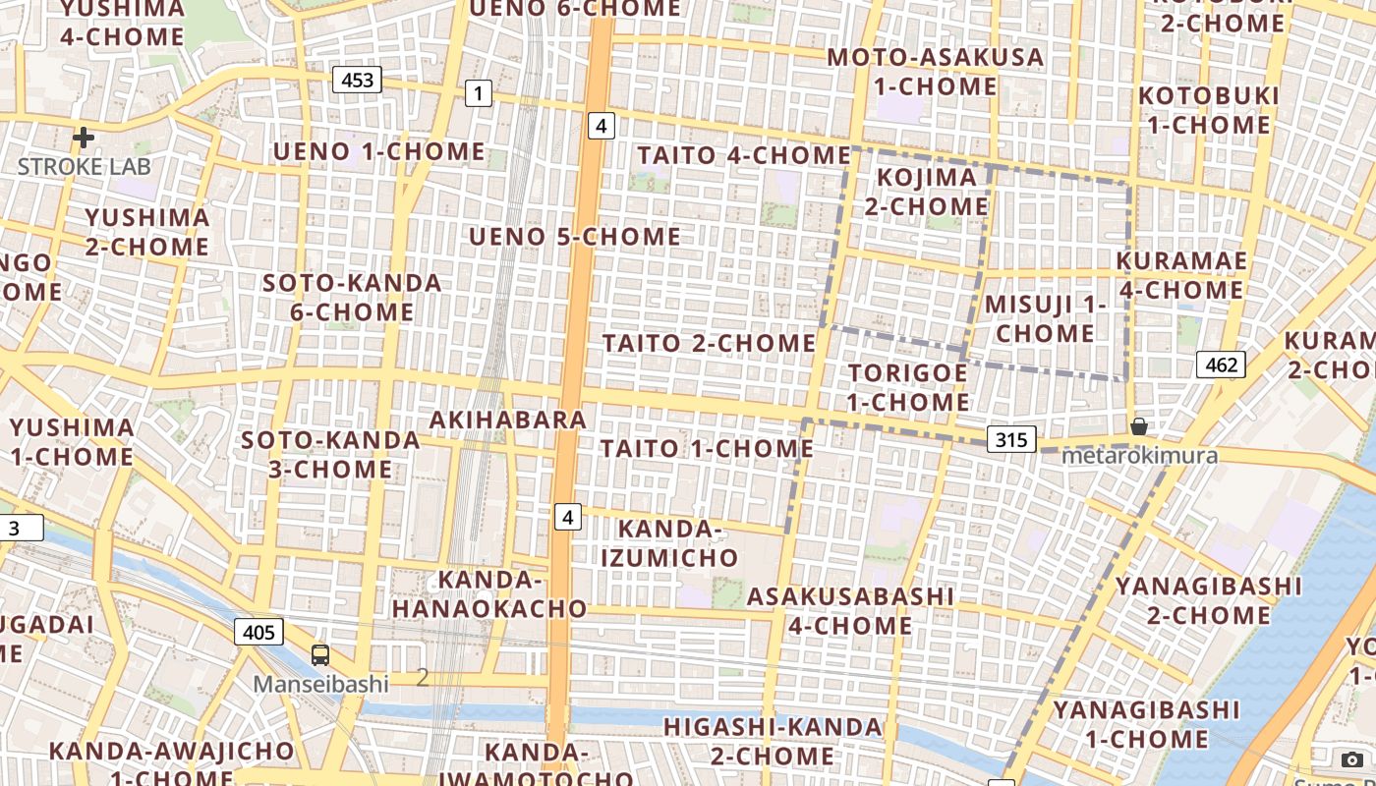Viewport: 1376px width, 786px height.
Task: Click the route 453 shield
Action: (x=357, y=80)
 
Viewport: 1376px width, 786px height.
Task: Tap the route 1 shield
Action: (x=478, y=94)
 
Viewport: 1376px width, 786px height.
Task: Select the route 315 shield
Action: (x=1011, y=439)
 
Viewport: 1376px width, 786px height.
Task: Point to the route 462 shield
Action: (x=1221, y=365)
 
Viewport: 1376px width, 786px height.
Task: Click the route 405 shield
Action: (x=258, y=631)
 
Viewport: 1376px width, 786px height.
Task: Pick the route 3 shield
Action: (x=18, y=528)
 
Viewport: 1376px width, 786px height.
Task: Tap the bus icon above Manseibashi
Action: (x=320, y=654)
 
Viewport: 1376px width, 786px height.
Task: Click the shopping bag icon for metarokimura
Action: (x=1138, y=426)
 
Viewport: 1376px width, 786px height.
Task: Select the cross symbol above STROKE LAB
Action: (x=84, y=138)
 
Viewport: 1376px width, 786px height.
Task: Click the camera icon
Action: (x=1352, y=759)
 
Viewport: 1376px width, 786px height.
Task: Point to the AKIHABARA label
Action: (x=508, y=420)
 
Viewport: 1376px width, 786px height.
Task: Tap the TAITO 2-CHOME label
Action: (x=709, y=343)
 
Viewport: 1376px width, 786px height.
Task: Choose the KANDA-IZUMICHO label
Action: (x=669, y=543)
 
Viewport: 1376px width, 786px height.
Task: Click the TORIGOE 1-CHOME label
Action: (x=908, y=387)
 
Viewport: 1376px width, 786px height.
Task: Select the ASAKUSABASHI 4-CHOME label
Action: (x=850, y=610)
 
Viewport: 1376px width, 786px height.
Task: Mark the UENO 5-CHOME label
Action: (x=575, y=237)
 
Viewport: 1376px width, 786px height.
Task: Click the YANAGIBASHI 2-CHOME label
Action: (x=1208, y=600)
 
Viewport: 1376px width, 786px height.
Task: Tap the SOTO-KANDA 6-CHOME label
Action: (x=352, y=298)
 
